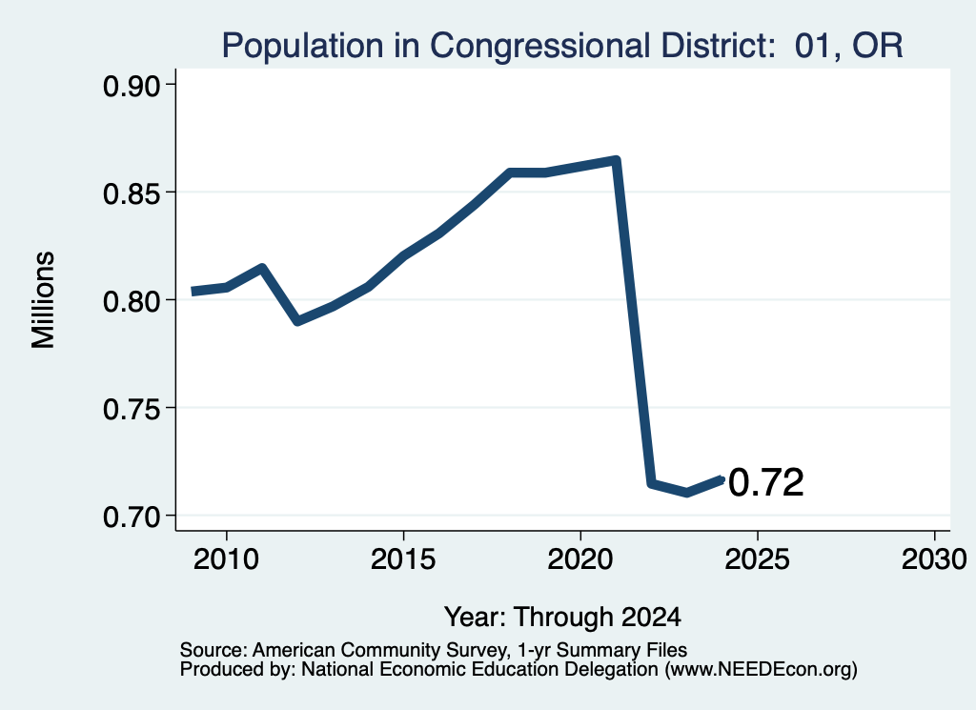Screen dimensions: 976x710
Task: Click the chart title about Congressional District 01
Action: pyautogui.click(x=562, y=46)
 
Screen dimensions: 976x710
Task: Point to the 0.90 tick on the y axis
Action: pyautogui.click(x=131, y=86)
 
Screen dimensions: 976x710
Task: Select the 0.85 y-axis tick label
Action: pyautogui.click(x=131, y=193)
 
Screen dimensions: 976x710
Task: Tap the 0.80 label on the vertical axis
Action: pyautogui.click(x=131, y=301)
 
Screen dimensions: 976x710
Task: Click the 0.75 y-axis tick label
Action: pyautogui.click(x=131, y=409)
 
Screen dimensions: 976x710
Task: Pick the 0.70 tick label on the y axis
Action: pyautogui.click(x=131, y=517)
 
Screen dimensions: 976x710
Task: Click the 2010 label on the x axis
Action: pyautogui.click(x=226, y=559)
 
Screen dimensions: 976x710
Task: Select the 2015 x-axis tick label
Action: pyautogui.click(x=403, y=559)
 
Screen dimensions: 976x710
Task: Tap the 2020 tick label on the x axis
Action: pyautogui.click(x=580, y=559)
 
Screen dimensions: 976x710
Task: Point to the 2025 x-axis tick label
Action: pyautogui.click(x=758, y=559)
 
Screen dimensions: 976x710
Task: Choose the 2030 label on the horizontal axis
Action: pyautogui.click(x=934, y=559)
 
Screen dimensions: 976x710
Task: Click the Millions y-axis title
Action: pyautogui.click(x=44, y=300)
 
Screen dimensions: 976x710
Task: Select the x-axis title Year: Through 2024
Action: pyautogui.click(x=562, y=618)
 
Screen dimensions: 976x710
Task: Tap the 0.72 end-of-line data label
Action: pyautogui.click(x=766, y=482)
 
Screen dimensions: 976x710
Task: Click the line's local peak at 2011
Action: pyautogui.click(x=262, y=268)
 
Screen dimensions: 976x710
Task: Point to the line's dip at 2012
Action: pyautogui.click(x=297, y=321)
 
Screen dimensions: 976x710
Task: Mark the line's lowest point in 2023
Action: pyautogui.click(x=686, y=493)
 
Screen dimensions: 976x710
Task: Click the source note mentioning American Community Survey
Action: pyautogui.click(x=434, y=650)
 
